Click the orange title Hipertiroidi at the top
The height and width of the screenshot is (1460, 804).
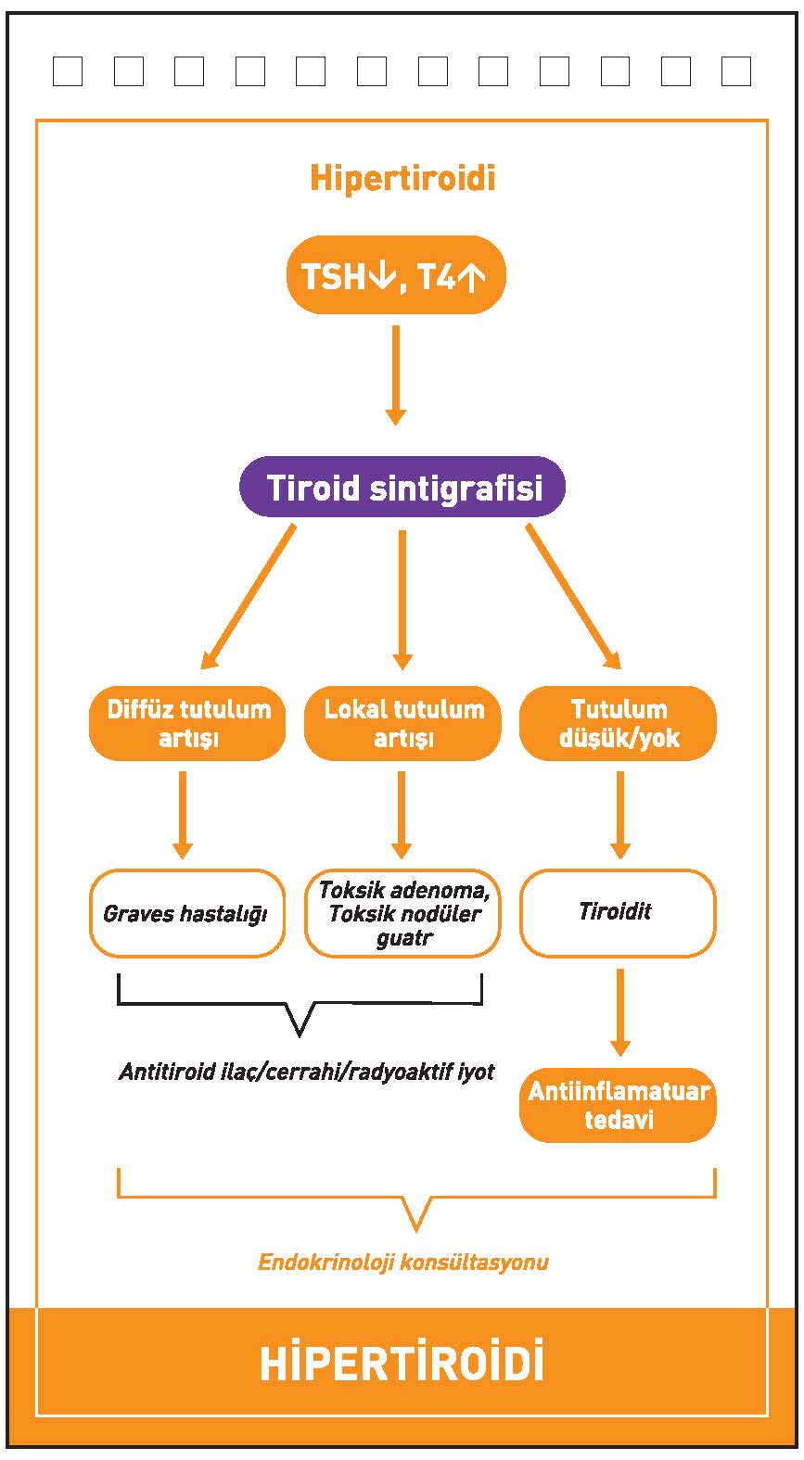(402, 178)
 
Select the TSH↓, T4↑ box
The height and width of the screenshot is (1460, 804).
(396, 275)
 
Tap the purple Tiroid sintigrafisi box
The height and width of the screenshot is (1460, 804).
(402, 487)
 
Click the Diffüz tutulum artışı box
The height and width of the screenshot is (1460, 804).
(187, 723)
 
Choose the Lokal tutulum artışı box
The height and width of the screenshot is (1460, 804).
(403, 723)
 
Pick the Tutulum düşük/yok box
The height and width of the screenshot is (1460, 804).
(619, 723)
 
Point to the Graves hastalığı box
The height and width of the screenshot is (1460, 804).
(187, 913)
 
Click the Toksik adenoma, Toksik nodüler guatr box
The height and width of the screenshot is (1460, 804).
(403, 913)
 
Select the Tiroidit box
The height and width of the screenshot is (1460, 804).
(619, 913)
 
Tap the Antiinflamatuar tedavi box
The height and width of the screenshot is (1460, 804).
(619, 1105)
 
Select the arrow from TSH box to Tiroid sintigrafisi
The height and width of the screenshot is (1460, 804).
(396, 375)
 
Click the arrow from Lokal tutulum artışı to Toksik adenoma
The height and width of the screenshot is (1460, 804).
(402, 815)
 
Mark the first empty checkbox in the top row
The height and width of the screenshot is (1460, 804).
(68, 71)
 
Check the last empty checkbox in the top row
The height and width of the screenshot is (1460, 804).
(736, 71)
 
